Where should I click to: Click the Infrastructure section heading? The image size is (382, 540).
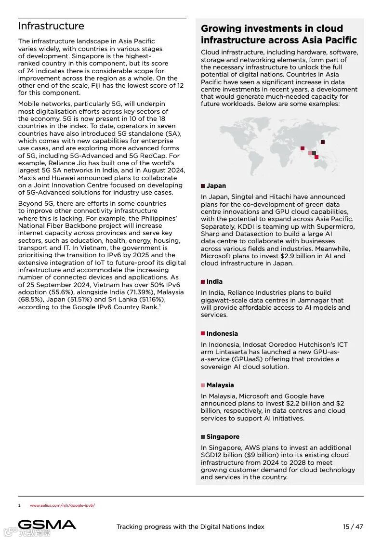coord(51,26)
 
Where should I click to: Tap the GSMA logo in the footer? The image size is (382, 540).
coord(47,525)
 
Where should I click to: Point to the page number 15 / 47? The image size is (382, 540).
coord(353,527)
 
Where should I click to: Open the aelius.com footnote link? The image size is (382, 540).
coord(63,505)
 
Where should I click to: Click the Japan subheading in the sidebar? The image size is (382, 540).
coord(216,185)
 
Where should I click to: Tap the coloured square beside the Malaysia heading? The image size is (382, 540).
coord(203,385)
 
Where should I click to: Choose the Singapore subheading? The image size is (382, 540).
coord(223,437)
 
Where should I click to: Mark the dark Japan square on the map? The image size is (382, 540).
coord(323,142)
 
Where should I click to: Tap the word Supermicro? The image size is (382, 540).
coord(336,226)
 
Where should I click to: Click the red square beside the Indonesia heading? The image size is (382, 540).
coord(203,333)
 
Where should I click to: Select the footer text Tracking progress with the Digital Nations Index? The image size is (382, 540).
coord(190,527)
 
